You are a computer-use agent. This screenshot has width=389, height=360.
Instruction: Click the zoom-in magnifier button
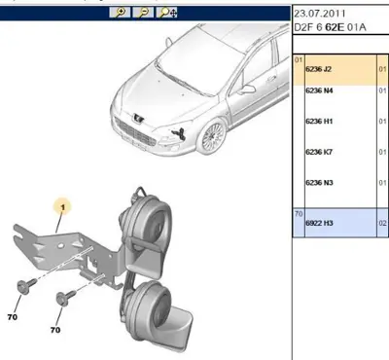pyautogui.click(x=121, y=13)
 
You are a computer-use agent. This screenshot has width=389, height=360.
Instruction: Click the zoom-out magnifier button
pyautogui.click(x=143, y=13)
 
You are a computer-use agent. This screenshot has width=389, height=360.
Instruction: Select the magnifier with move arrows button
pyautogui.click(x=167, y=13)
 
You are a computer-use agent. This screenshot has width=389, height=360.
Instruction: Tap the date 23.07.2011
pyautogui.click(x=319, y=14)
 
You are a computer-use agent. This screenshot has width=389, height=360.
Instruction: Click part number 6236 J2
pyautogui.click(x=318, y=69)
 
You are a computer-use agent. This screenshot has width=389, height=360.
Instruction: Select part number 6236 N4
pyautogui.click(x=319, y=90)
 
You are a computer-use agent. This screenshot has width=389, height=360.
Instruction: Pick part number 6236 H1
pyautogui.click(x=319, y=122)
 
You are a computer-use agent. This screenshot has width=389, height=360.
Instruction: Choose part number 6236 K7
pyautogui.click(x=319, y=152)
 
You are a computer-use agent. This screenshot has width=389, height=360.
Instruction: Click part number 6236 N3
pyautogui.click(x=319, y=183)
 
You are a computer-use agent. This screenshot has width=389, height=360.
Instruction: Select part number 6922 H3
pyautogui.click(x=319, y=223)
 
